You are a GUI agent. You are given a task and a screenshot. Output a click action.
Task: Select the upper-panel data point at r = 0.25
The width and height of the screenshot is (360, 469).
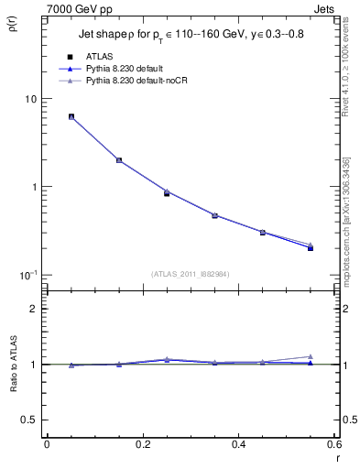tap(167, 193)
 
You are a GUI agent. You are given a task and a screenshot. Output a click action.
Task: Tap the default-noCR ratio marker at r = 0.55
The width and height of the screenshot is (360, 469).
tap(311, 356)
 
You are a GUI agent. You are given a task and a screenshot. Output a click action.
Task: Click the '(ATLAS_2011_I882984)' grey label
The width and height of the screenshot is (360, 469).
tap(190, 273)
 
